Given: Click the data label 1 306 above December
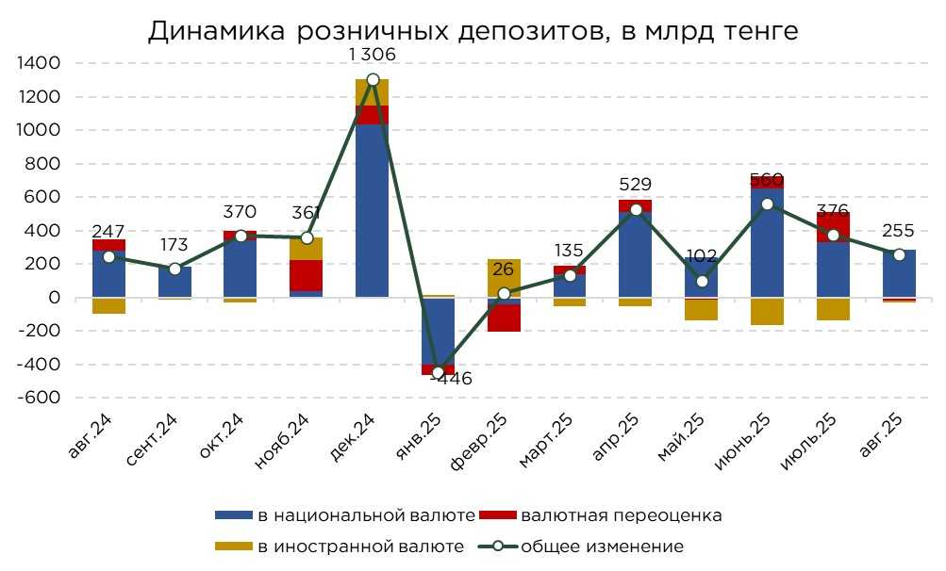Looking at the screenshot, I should tap(372, 55).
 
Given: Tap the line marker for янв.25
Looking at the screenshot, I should tap(438, 372).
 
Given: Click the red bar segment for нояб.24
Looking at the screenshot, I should tap(307, 275).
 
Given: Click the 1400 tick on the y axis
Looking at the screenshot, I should tap(39, 63).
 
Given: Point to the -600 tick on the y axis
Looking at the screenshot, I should tap(39, 398).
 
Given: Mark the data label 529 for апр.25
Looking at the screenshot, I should tap(635, 185).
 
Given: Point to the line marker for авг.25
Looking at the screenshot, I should tap(898, 254).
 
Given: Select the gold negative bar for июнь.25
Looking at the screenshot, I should tap(767, 311).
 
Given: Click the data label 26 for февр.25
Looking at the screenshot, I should tap(504, 269).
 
